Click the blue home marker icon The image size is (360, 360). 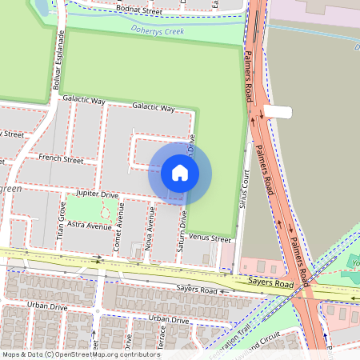pyautogui.click(x=180, y=173)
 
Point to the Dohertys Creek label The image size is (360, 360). pyautogui.click(x=158, y=31)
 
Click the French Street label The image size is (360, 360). pyautogui.click(x=62, y=160)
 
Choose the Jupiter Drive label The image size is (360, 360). pyautogui.click(x=97, y=194)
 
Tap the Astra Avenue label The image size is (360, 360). pyautogui.click(x=90, y=226)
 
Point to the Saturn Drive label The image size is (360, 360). pyautogui.click(x=183, y=230)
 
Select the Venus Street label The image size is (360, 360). pyautogui.click(x=210, y=238)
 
